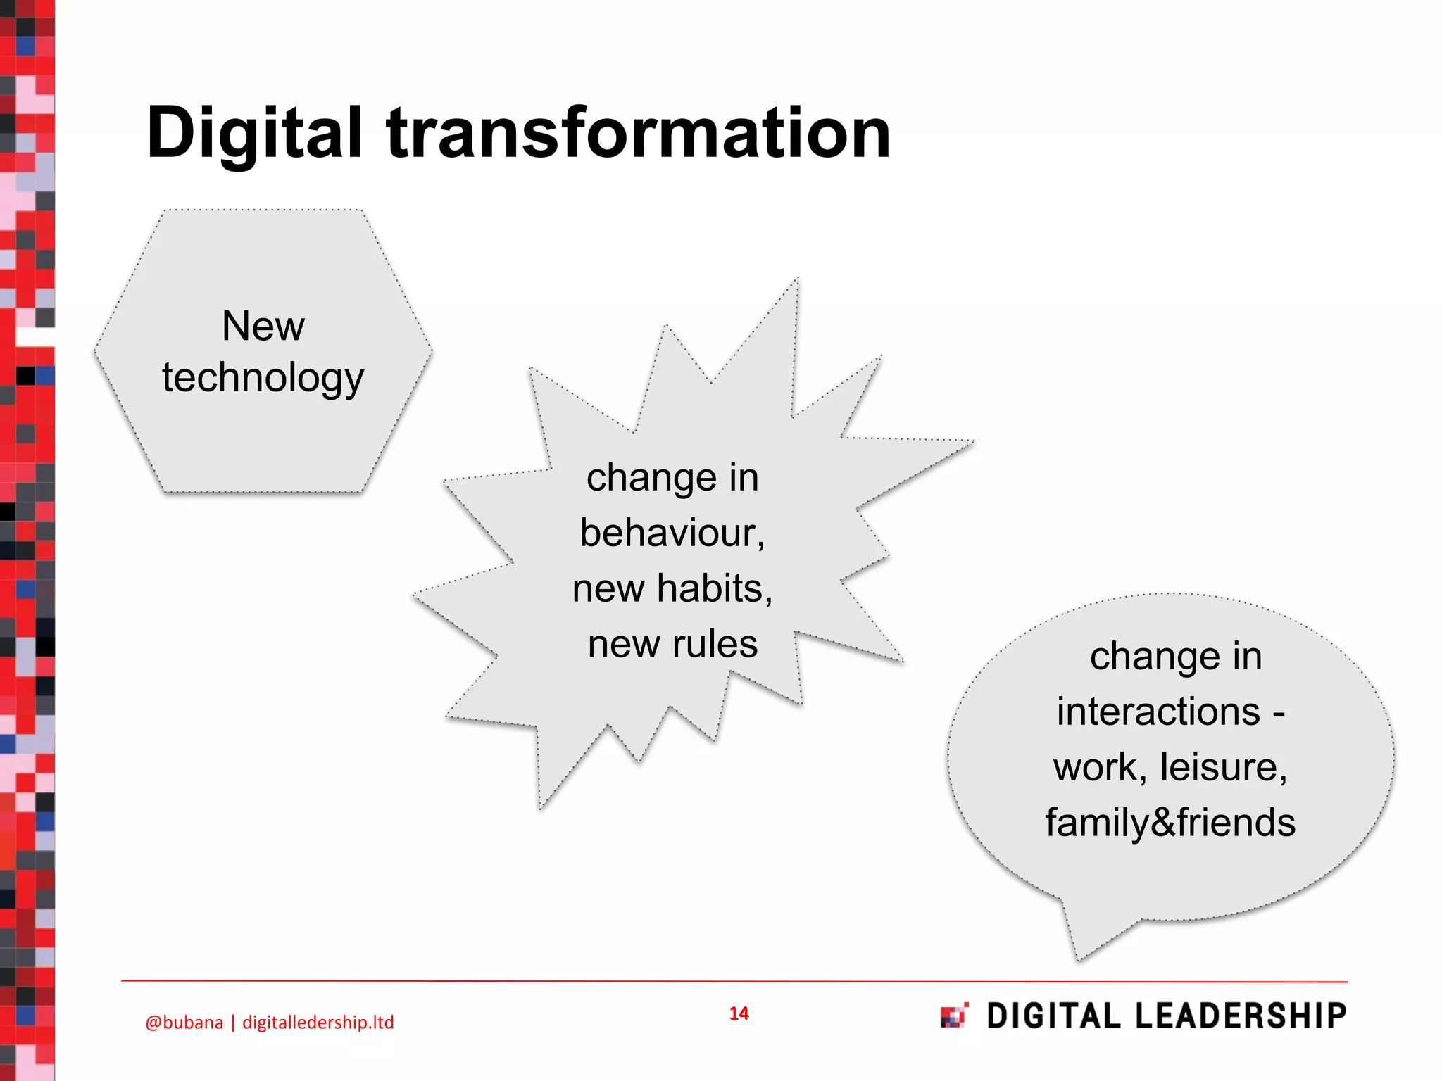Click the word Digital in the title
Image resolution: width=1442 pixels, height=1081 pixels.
click(x=254, y=134)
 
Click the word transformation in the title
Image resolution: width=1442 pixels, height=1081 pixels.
click(x=638, y=134)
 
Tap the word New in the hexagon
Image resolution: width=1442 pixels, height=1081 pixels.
click(x=263, y=327)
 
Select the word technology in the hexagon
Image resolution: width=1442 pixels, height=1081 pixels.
click(x=263, y=379)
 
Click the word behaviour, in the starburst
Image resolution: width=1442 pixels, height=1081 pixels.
click(x=672, y=533)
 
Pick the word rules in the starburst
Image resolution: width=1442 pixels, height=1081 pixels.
click(x=715, y=644)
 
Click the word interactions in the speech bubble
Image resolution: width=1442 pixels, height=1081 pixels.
click(x=1158, y=712)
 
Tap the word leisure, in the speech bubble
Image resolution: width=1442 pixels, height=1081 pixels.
click(x=1224, y=767)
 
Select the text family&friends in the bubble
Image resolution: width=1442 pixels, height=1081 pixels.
click(x=1170, y=823)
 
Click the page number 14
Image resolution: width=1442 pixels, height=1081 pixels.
click(x=739, y=1013)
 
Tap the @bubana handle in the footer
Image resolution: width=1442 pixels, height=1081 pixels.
click(x=184, y=1023)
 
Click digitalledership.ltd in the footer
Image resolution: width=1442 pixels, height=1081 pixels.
click(x=318, y=1023)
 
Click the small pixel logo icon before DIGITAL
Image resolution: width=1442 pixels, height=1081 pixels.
click(x=954, y=1016)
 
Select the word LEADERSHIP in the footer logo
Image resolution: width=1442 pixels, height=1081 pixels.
click(x=1241, y=1016)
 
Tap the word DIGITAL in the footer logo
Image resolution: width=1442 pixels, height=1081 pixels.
click(x=1053, y=1016)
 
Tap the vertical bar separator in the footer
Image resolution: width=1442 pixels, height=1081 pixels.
click(x=233, y=1023)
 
